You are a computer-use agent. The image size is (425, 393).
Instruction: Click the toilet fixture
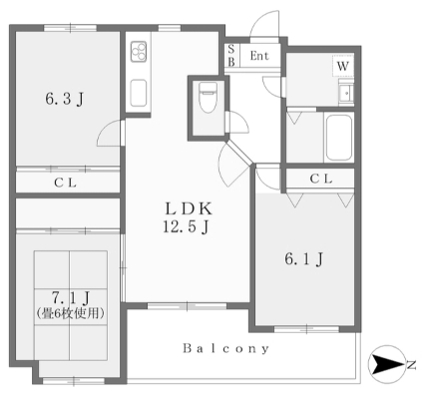coord(208,98)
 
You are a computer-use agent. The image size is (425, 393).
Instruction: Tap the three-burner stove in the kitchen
coord(139,51)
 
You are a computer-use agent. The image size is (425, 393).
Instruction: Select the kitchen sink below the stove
coord(139,93)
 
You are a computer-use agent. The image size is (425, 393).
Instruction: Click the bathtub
coord(339,138)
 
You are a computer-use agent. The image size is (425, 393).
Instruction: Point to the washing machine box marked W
coord(342,67)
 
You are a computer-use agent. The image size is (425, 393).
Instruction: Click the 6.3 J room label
coord(65,99)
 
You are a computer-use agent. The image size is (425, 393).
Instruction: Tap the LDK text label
coord(189,209)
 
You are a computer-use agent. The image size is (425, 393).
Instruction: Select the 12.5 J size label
coord(186,226)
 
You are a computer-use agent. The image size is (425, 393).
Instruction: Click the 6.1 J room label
coord(304,258)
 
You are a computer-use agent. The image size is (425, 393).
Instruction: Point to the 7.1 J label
coord(71,297)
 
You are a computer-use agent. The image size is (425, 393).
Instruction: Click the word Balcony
coord(226,348)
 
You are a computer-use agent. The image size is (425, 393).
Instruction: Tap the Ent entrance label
coord(259,56)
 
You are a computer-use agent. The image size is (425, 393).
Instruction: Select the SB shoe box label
coord(231,56)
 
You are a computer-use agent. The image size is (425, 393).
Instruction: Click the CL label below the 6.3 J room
coord(66,183)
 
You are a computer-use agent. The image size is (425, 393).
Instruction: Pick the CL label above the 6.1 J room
coord(321,179)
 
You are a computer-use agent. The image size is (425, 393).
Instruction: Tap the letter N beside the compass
coord(412,365)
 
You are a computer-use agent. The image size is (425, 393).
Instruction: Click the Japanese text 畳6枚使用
coord(71,313)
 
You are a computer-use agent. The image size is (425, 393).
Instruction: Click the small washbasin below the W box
coord(346,93)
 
